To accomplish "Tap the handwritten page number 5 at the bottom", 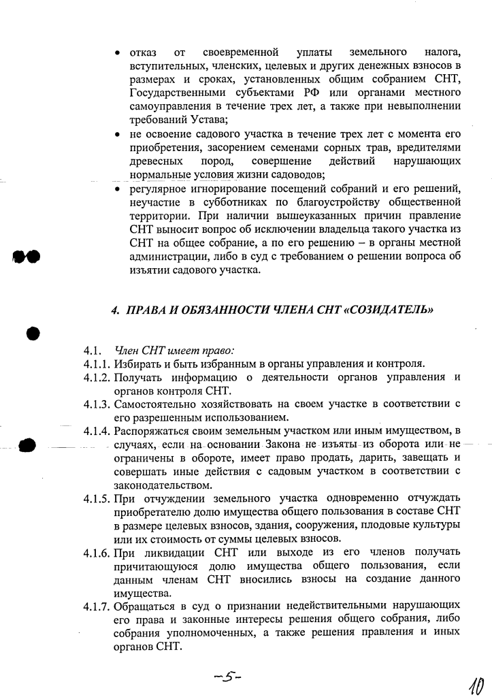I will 228,677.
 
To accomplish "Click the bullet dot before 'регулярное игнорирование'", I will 118,188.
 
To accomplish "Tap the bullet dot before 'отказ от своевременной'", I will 118,52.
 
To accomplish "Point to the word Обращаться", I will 145,604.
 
